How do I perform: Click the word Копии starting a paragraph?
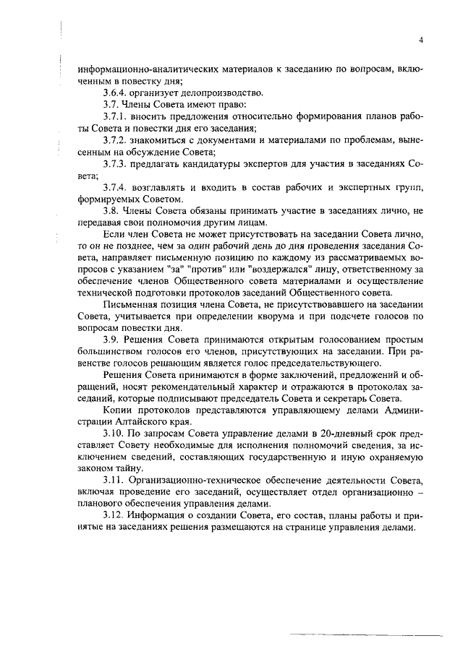click(118, 409)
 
